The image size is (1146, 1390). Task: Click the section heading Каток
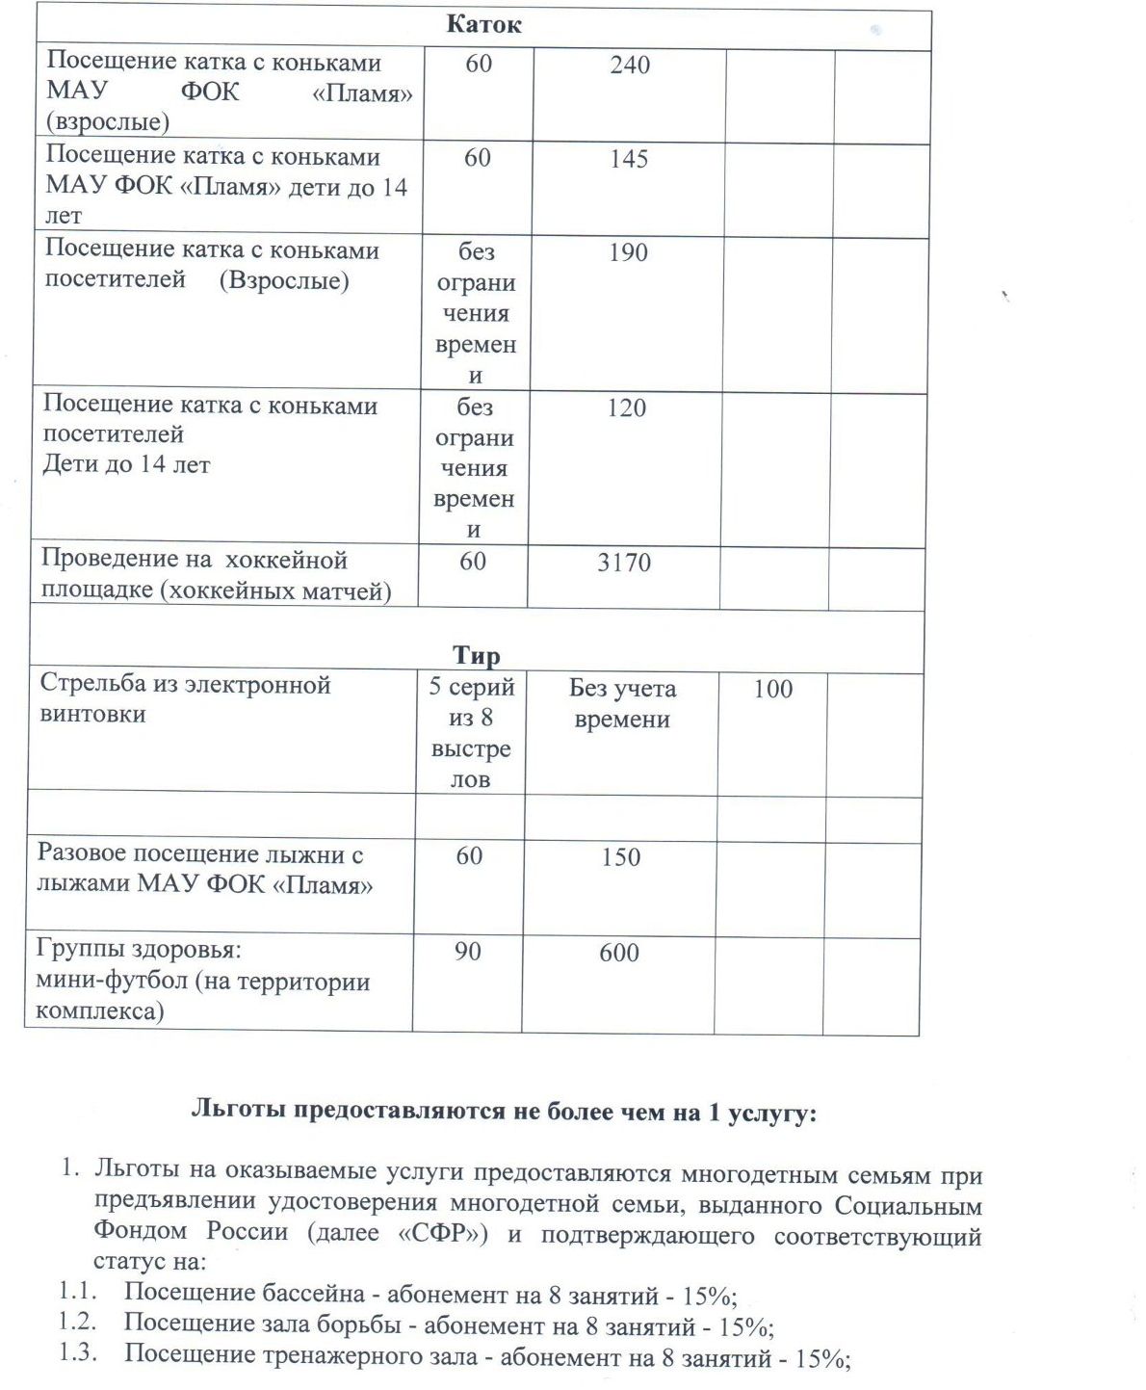(483, 25)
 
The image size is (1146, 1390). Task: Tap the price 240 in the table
(630, 66)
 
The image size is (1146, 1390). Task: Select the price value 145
(629, 159)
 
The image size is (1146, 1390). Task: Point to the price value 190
(628, 252)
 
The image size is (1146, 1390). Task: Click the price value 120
(626, 408)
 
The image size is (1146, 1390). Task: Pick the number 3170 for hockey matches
(624, 563)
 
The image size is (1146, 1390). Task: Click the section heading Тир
(476, 656)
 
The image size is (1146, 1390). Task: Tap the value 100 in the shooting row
(772, 689)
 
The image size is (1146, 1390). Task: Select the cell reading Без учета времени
(622, 703)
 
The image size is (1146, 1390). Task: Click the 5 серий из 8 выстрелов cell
(471, 732)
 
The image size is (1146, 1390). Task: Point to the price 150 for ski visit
(621, 856)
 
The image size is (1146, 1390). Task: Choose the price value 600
(619, 953)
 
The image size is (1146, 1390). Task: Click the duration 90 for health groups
(468, 952)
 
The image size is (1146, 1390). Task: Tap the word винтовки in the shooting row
(93, 715)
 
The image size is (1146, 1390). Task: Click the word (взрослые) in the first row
(108, 122)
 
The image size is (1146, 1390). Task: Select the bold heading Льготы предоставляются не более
(504, 1112)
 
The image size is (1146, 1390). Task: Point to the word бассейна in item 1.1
(318, 1293)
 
